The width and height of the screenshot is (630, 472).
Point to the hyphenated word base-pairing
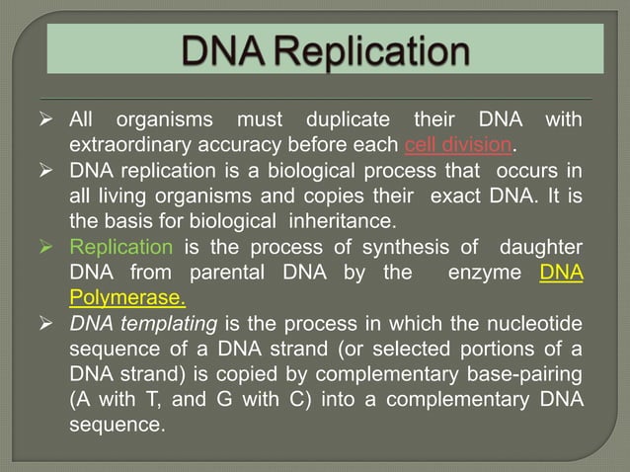512,373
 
